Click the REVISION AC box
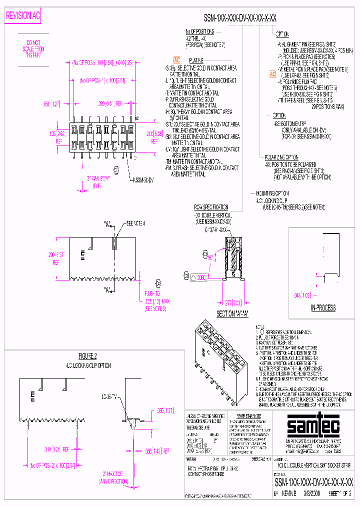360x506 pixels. (x=22, y=16)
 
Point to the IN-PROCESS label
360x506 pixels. (x=323, y=307)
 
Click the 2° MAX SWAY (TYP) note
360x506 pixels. (x=99, y=181)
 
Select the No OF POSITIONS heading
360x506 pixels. (x=199, y=31)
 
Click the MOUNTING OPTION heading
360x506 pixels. (x=272, y=193)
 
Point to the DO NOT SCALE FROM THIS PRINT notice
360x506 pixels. (x=33, y=49)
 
